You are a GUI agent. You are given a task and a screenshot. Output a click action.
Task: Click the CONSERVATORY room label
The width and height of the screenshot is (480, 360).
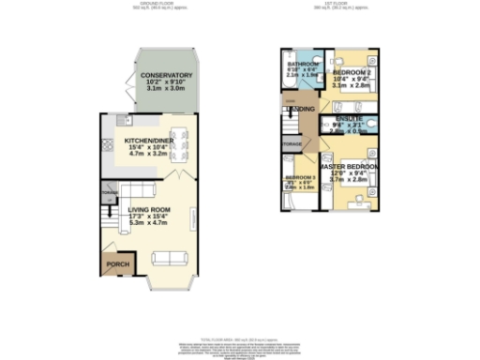click(x=167, y=75)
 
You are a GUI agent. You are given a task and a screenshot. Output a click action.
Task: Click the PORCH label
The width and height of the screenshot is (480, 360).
click(x=118, y=265)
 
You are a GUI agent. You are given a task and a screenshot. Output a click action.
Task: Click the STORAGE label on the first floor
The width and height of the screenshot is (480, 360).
click(x=292, y=143)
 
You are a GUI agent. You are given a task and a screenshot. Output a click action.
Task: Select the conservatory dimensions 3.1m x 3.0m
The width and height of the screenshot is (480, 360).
click(x=167, y=92)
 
